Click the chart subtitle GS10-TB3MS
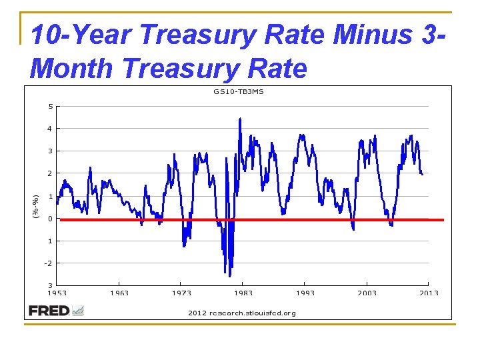[x=239, y=91]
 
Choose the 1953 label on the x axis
[x=57, y=293]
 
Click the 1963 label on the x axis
[x=119, y=293]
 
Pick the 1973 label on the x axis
[x=181, y=293]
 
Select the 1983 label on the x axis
[x=243, y=293]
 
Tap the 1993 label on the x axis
[x=305, y=293]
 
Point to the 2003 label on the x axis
[x=367, y=293]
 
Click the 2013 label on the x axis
[x=429, y=293]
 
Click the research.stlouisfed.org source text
[x=241, y=313]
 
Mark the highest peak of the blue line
[x=240, y=119]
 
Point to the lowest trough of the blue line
[x=230, y=276]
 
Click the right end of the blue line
[x=423, y=174]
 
